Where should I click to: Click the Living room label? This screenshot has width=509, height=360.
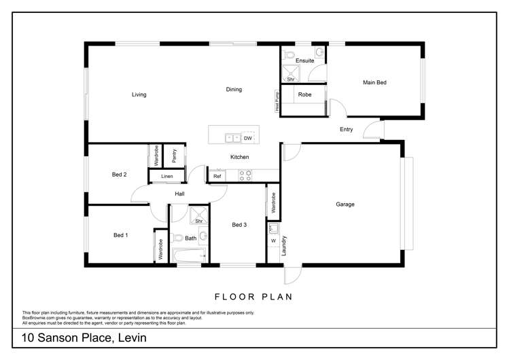139,94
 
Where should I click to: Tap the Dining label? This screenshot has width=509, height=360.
234,89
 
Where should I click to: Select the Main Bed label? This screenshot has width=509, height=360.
374,82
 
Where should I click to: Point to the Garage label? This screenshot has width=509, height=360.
345,204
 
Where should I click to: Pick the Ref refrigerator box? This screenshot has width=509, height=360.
217,176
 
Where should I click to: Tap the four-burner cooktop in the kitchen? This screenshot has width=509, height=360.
245,176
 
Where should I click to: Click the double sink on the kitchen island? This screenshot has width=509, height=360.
232,138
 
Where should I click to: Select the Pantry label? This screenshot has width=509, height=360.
175,156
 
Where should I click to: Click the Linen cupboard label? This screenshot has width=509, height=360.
166,177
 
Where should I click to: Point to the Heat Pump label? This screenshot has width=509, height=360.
277,101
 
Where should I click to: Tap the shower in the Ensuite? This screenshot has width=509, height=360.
291,73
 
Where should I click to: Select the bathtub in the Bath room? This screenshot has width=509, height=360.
190,256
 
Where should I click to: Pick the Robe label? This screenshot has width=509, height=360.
305,94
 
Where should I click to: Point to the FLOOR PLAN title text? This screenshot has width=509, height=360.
253,296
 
